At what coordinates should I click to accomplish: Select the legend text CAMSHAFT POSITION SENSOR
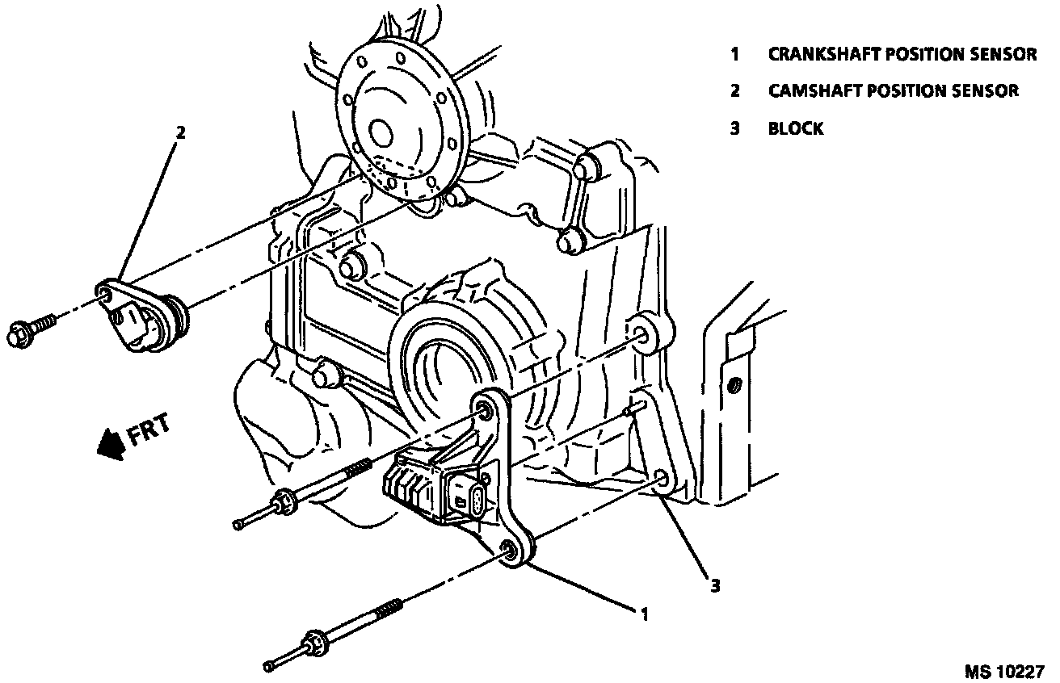tap(894, 91)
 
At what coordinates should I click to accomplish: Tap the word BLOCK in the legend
tap(796, 128)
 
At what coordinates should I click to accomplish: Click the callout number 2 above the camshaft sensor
tap(180, 133)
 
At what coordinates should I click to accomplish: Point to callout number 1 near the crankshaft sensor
tap(644, 614)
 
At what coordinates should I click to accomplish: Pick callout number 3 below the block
tap(715, 586)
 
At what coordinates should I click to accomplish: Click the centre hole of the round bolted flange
tap(380, 132)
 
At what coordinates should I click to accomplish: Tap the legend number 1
tap(734, 55)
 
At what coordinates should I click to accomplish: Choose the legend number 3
tap(734, 128)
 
